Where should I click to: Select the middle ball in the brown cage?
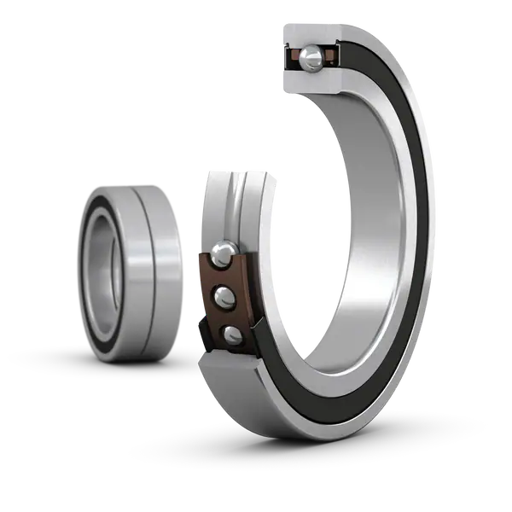coord(226,296)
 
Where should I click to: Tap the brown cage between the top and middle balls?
coord(224,275)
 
